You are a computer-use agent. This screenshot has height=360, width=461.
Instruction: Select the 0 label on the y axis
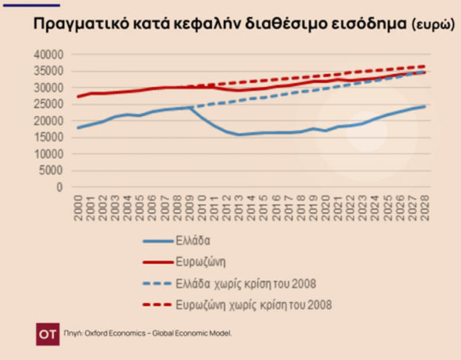click(62, 188)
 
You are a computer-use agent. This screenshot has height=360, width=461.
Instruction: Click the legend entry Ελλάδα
click(194, 240)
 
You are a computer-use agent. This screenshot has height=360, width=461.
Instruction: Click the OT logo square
click(47, 333)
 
